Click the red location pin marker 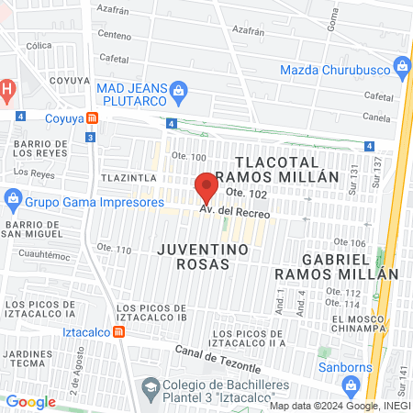[x=206, y=187]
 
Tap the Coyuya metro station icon [x=93, y=117]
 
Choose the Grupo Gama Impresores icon [x=13, y=197]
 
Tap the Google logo [x=30, y=401]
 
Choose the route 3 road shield [x=89, y=137]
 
